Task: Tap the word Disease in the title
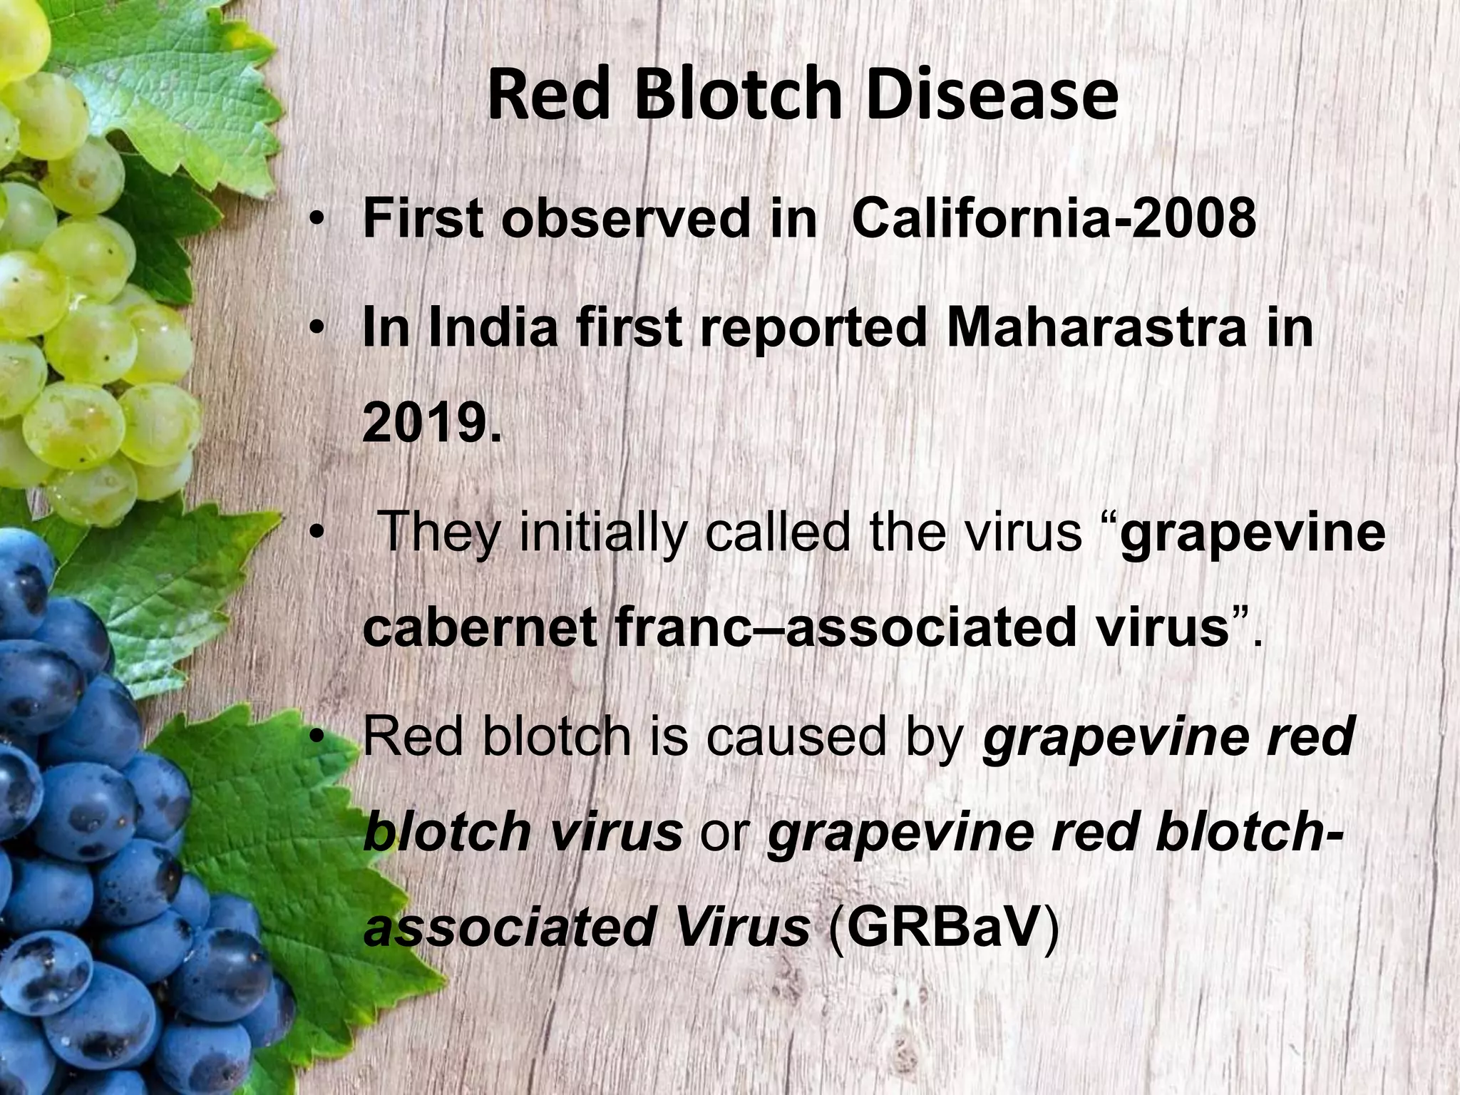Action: [992, 96]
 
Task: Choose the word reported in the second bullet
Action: [813, 329]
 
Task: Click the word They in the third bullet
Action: [438, 532]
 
